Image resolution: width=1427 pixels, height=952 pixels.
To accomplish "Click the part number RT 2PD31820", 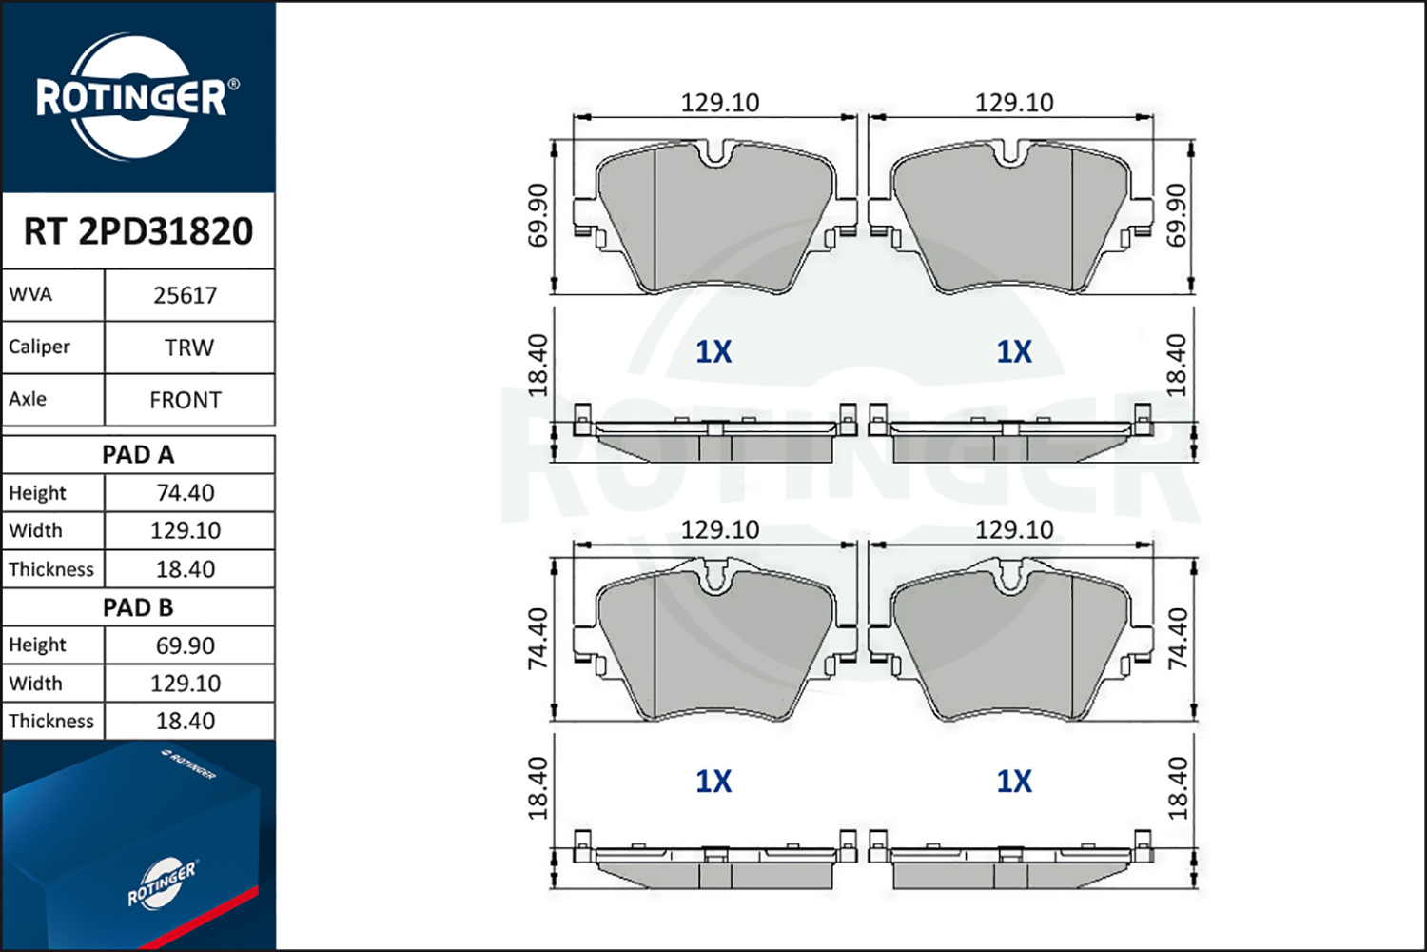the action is click(x=138, y=230).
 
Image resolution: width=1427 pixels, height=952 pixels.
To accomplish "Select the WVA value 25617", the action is click(x=186, y=296).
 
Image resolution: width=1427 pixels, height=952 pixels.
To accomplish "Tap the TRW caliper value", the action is click(x=189, y=348).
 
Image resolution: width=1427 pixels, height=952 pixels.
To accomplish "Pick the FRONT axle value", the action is click(x=186, y=401).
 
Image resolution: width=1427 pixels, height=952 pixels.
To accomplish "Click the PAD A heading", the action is click(x=138, y=455).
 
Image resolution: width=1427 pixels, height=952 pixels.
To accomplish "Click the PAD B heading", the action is click(x=138, y=607).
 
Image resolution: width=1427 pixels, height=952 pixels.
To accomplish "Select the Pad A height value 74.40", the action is click(x=186, y=493).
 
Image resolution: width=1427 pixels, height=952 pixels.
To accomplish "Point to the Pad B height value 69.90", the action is click(x=186, y=645).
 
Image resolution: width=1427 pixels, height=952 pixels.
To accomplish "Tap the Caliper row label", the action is click(x=39, y=347).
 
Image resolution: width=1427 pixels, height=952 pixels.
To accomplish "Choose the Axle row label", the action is click(x=28, y=399).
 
